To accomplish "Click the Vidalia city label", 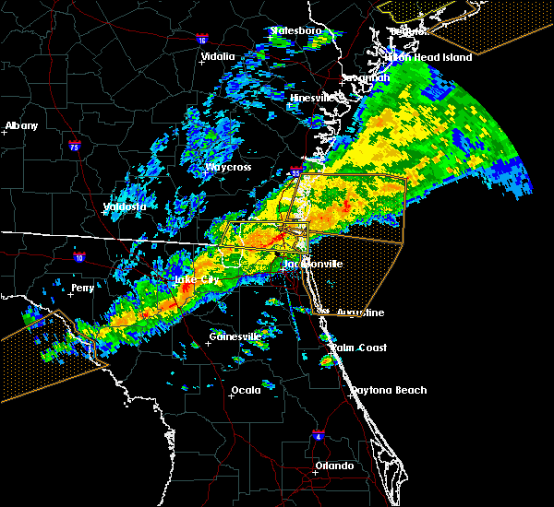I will pyautogui.click(x=218, y=56).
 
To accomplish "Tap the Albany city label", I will pyautogui.click(x=23, y=125).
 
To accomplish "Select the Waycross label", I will pyautogui.click(x=230, y=168).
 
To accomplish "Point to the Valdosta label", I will pyautogui.click(x=124, y=206).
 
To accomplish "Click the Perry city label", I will pyautogui.click(x=82, y=289).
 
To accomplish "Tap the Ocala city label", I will pyautogui.click(x=246, y=390).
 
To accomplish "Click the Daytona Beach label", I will pyautogui.click(x=389, y=390).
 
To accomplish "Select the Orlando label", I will pyautogui.click(x=334, y=466).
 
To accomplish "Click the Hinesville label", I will pyautogui.click(x=311, y=97).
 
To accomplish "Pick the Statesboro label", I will pyautogui.click(x=295, y=30).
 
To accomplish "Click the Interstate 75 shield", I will pyautogui.click(x=74, y=146).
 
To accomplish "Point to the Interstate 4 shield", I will pyautogui.click(x=318, y=434).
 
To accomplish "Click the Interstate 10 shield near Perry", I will pyautogui.click(x=80, y=258).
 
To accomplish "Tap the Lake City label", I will pyautogui.click(x=198, y=278).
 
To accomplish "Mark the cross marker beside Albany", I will pyautogui.click(x=6, y=133).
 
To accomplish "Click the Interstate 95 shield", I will pyautogui.click(x=295, y=170).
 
